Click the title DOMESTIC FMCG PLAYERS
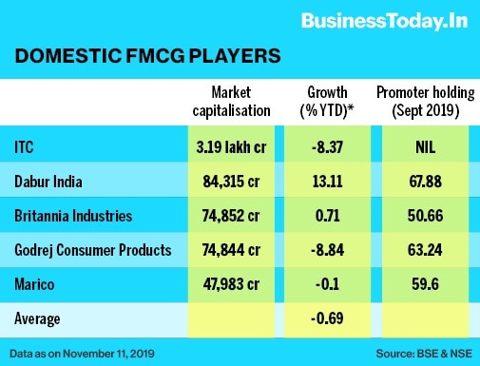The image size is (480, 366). click(x=148, y=57)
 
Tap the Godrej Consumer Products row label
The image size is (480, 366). click(x=91, y=248)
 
